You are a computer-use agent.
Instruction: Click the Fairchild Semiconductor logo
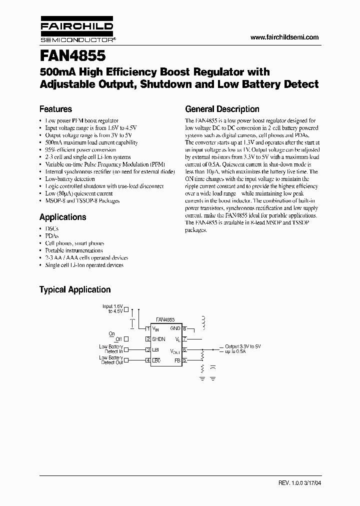pyautogui.click(x=76, y=31)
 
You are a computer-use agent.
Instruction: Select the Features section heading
pyautogui.click(x=55, y=109)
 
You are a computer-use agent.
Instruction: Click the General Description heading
pyautogui.click(x=222, y=109)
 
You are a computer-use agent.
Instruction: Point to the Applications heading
pyautogui.click(x=62, y=217)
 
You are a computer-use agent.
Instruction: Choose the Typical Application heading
pyautogui.click(x=75, y=289)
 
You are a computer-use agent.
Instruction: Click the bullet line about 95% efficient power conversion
pyautogui.click(x=80, y=149)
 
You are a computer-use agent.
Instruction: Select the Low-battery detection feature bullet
pyautogui.click(x=70, y=178)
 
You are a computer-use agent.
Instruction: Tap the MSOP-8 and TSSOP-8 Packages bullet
pyautogui.click(x=82, y=200)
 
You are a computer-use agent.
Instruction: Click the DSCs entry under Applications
pyautogui.click(x=52, y=228)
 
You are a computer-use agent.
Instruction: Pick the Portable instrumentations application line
pyautogui.click(x=74, y=250)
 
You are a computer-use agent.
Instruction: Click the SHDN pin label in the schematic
pyautogui.click(x=158, y=339)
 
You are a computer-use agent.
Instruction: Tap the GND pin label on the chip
pyautogui.click(x=175, y=328)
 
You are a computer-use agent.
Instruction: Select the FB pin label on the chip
pyautogui.click(x=176, y=360)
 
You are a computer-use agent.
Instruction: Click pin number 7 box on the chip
pyautogui.click(x=184, y=339)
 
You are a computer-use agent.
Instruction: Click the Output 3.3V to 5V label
pyautogui.click(x=243, y=346)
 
